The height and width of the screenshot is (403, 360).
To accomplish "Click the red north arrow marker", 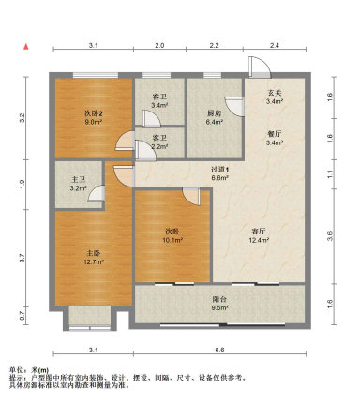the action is tap(26, 47).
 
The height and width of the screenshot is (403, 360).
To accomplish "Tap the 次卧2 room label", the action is tap(94, 112).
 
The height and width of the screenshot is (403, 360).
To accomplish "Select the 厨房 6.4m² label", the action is tap(215, 117).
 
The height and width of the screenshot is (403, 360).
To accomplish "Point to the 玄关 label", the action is tap(275, 93).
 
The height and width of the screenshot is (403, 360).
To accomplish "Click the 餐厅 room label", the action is tap(275, 134).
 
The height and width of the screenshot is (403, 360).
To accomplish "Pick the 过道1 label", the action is tap(219, 170).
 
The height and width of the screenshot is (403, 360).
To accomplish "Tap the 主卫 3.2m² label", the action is tap(79, 184).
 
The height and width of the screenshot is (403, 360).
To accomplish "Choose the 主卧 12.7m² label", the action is tap(94, 258).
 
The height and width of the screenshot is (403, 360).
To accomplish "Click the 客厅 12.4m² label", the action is tap(259, 236).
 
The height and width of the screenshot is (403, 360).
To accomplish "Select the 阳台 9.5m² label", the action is tap(219, 303).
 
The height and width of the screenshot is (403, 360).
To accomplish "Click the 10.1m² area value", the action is tap(172, 240).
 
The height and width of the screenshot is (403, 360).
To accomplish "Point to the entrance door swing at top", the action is tap(260, 67).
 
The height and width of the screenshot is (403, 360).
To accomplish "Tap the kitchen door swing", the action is tap(234, 107).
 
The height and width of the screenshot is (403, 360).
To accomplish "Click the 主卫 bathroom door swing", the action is tap(97, 194).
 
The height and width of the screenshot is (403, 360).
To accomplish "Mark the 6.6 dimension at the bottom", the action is tap(219, 350).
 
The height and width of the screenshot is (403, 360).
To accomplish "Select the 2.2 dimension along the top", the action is tap(214, 45).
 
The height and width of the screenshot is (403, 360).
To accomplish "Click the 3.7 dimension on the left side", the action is tap(22, 258).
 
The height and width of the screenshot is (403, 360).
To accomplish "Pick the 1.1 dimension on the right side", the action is tap(330, 174).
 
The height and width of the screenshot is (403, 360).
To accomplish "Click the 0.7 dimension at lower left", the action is tap(22, 316).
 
